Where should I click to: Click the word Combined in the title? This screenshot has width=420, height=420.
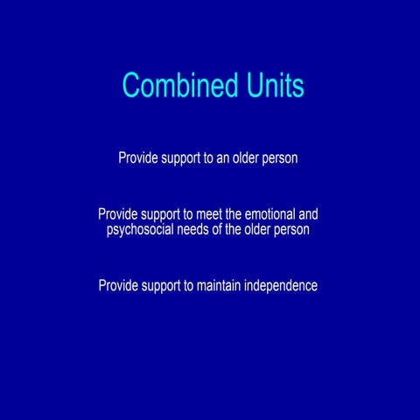pos(178,86)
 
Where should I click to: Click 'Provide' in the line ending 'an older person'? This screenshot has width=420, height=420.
pos(138,158)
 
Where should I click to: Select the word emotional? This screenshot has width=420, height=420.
pos(265,213)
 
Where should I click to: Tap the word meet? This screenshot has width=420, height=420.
pos(208,213)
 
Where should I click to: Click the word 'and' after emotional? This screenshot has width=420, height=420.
pos(307,213)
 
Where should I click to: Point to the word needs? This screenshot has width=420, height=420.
pos(193,230)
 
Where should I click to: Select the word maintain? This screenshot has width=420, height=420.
pos(219,285)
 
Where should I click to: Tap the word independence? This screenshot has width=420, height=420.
pos(281,285)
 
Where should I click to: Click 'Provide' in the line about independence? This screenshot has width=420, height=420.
pos(118,285)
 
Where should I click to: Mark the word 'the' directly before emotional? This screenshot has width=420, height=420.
pos(234,213)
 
